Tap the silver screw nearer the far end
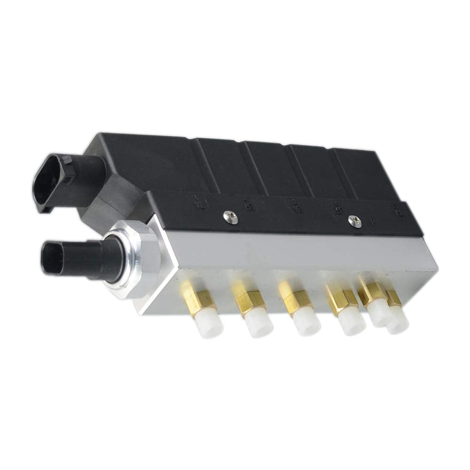coord(357,221)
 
